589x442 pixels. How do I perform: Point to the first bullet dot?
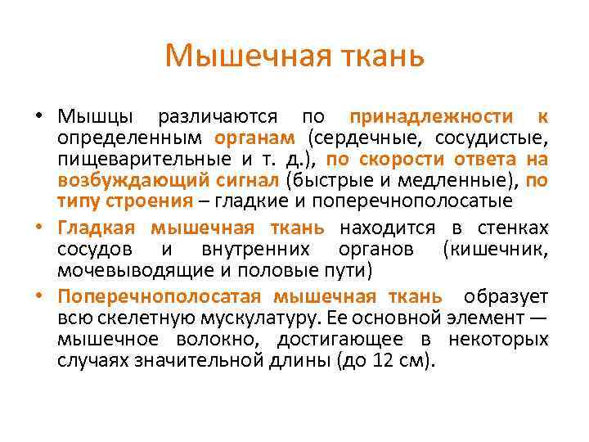(x=38, y=116)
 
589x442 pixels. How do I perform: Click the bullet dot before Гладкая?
(x=38, y=228)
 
